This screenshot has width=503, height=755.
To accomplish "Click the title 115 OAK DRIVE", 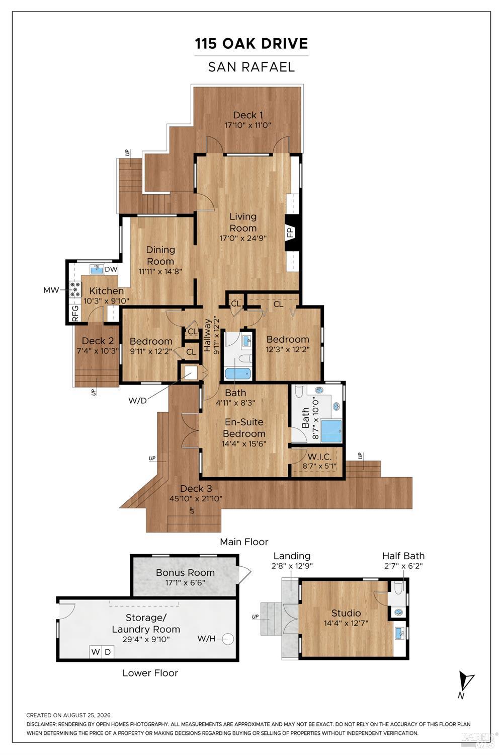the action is [x=251, y=44].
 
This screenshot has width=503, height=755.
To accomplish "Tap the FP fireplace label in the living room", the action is [x=290, y=232].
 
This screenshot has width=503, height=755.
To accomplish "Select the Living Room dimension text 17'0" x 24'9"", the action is [x=243, y=238].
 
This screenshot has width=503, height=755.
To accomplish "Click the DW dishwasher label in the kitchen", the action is [x=111, y=269].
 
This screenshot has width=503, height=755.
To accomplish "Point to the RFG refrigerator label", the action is [x=75, y=313].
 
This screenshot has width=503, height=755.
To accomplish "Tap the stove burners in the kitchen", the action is [x=75, y=289].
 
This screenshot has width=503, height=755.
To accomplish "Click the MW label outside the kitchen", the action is [x=51, y=290].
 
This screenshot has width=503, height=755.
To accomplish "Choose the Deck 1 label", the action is [x=248, y=115].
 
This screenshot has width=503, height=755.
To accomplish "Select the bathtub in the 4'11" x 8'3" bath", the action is [x=237, y=374].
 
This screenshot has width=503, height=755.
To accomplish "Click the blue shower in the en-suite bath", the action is [x=331, y=431].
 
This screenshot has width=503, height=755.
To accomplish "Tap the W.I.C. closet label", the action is [x=319, y=457].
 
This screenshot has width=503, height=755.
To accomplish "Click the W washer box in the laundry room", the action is [x=96, y=652].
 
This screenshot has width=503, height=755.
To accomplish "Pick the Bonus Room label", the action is [x=185, y=573].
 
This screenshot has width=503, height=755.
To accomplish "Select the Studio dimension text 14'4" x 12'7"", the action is [x=346, y=623].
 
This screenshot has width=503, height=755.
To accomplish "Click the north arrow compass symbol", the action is [x=466, y=682].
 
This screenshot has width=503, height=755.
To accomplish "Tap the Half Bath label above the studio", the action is [x=403, y=556].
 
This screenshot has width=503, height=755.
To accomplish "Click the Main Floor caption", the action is [x=244, y=542].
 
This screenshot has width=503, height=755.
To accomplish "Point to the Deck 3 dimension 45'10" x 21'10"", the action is [x=196, y=498].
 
